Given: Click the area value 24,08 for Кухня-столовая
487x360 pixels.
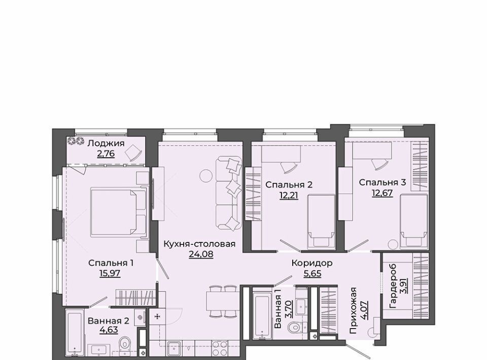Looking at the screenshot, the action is click(x=201, y=255).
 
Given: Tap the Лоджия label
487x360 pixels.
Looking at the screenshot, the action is click(x=106, y=143).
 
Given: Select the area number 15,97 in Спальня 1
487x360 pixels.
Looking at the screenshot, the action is click(x=110, y=273).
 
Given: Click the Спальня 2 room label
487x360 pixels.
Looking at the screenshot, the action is click(x=289, y=185).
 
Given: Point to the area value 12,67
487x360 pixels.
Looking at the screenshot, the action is click(x=382, y=193).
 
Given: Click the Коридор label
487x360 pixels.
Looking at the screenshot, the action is click(x=312, y=263).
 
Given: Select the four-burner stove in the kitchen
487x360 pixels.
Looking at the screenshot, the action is click(x=220, y=348).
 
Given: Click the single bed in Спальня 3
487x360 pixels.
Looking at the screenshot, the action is click(x=413, y=221).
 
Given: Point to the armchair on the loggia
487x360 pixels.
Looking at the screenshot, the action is click(x=133, y=153).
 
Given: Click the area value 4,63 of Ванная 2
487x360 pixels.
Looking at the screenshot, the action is click(x=109, y=330).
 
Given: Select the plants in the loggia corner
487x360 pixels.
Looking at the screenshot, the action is click(x=76, y=141).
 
